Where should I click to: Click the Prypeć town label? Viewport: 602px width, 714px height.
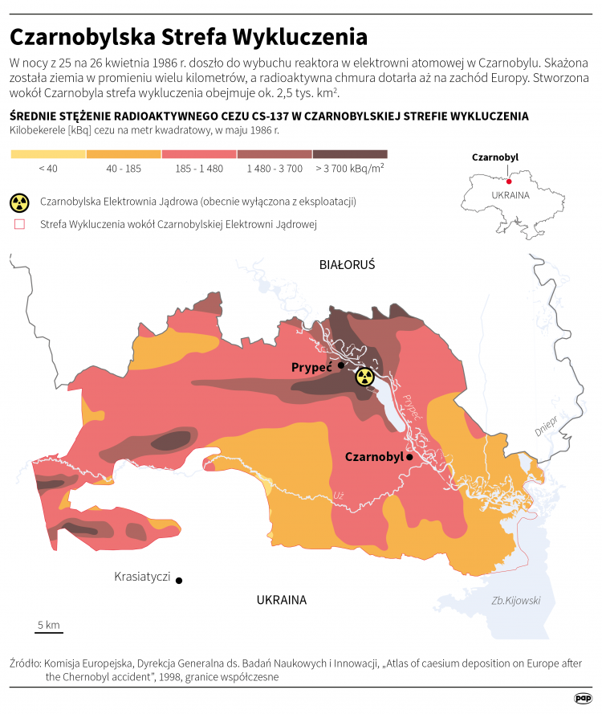coord(311,366)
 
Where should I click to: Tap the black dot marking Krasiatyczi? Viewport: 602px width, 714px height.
coord(179,580)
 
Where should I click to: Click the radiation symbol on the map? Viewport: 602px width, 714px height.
coord(364,376)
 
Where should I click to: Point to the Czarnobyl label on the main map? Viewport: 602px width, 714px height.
coord(373,456)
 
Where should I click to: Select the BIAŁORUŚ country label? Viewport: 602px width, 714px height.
coord(347,264)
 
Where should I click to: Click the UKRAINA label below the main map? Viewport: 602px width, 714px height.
coord(282,600)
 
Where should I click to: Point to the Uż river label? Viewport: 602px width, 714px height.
coord(339,496)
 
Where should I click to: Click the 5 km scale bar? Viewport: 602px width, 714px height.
coord(49,631)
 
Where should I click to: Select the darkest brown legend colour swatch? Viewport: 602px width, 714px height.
coord(350,154)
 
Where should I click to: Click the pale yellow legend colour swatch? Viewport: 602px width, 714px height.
coord(47,154)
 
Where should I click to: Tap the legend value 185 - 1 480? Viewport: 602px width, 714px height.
coord(199,169)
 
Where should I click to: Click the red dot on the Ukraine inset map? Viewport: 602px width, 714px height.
coord(509,182)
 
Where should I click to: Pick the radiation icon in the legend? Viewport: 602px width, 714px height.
coord(20,202)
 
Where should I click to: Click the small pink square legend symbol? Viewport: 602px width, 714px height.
coord(20,225)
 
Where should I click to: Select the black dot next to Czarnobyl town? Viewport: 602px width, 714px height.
coord(409,457)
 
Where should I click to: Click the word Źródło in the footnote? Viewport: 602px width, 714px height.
coord(25,663)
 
